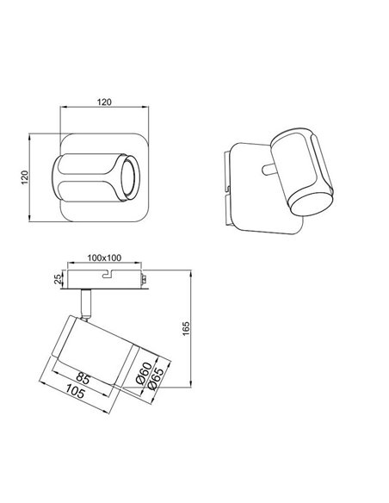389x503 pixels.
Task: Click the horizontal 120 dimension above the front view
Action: click(103, 102)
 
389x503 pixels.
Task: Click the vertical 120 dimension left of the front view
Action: click(26, 176)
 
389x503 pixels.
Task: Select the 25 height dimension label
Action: click(57, 278)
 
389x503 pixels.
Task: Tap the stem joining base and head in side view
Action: click(86, 302)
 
